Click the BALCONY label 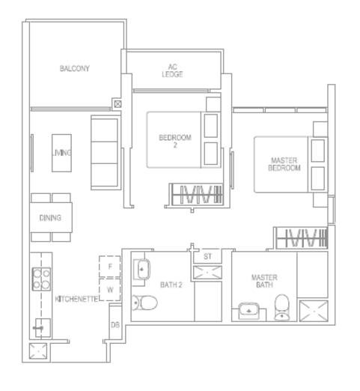(x=75, y=68)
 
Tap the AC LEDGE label (x=172, y=70)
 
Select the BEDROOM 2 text (x=175, y=141)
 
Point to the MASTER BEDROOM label (x=284, y=164)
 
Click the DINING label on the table (x=50, y=218)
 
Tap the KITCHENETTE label (x=76, y=299)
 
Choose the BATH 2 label (x=171, y=285)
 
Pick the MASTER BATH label (x=264, y=281)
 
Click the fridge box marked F (x=110, y=267)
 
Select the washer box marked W (x=110, y=289)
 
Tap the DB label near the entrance (x=115, y=325)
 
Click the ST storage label (x=207, y=256)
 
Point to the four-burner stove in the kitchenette (x=41, y=279)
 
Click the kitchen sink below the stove (x=43, y=328)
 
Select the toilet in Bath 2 (x=144, y=303)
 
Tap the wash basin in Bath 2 (x=141, y=270)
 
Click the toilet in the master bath (x=282, y=307)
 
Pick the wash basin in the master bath (x=248, y=311)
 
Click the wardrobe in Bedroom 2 (x=197, y=195)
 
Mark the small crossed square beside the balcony (x=118, y=104)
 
